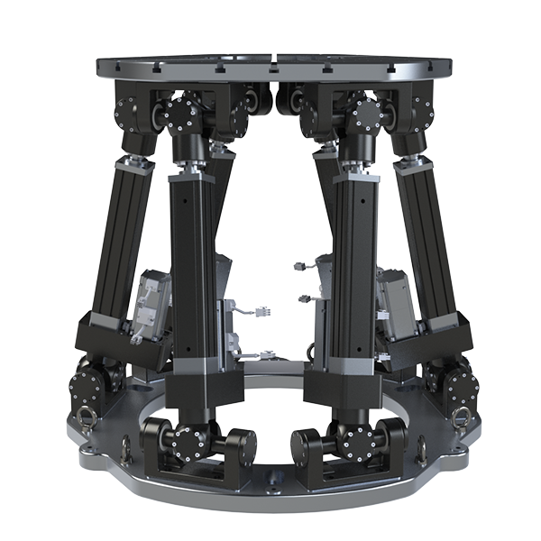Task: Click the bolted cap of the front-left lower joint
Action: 191,441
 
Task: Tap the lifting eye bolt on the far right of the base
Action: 459,417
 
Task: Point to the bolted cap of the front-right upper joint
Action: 364,115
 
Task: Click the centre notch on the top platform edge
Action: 272,66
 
